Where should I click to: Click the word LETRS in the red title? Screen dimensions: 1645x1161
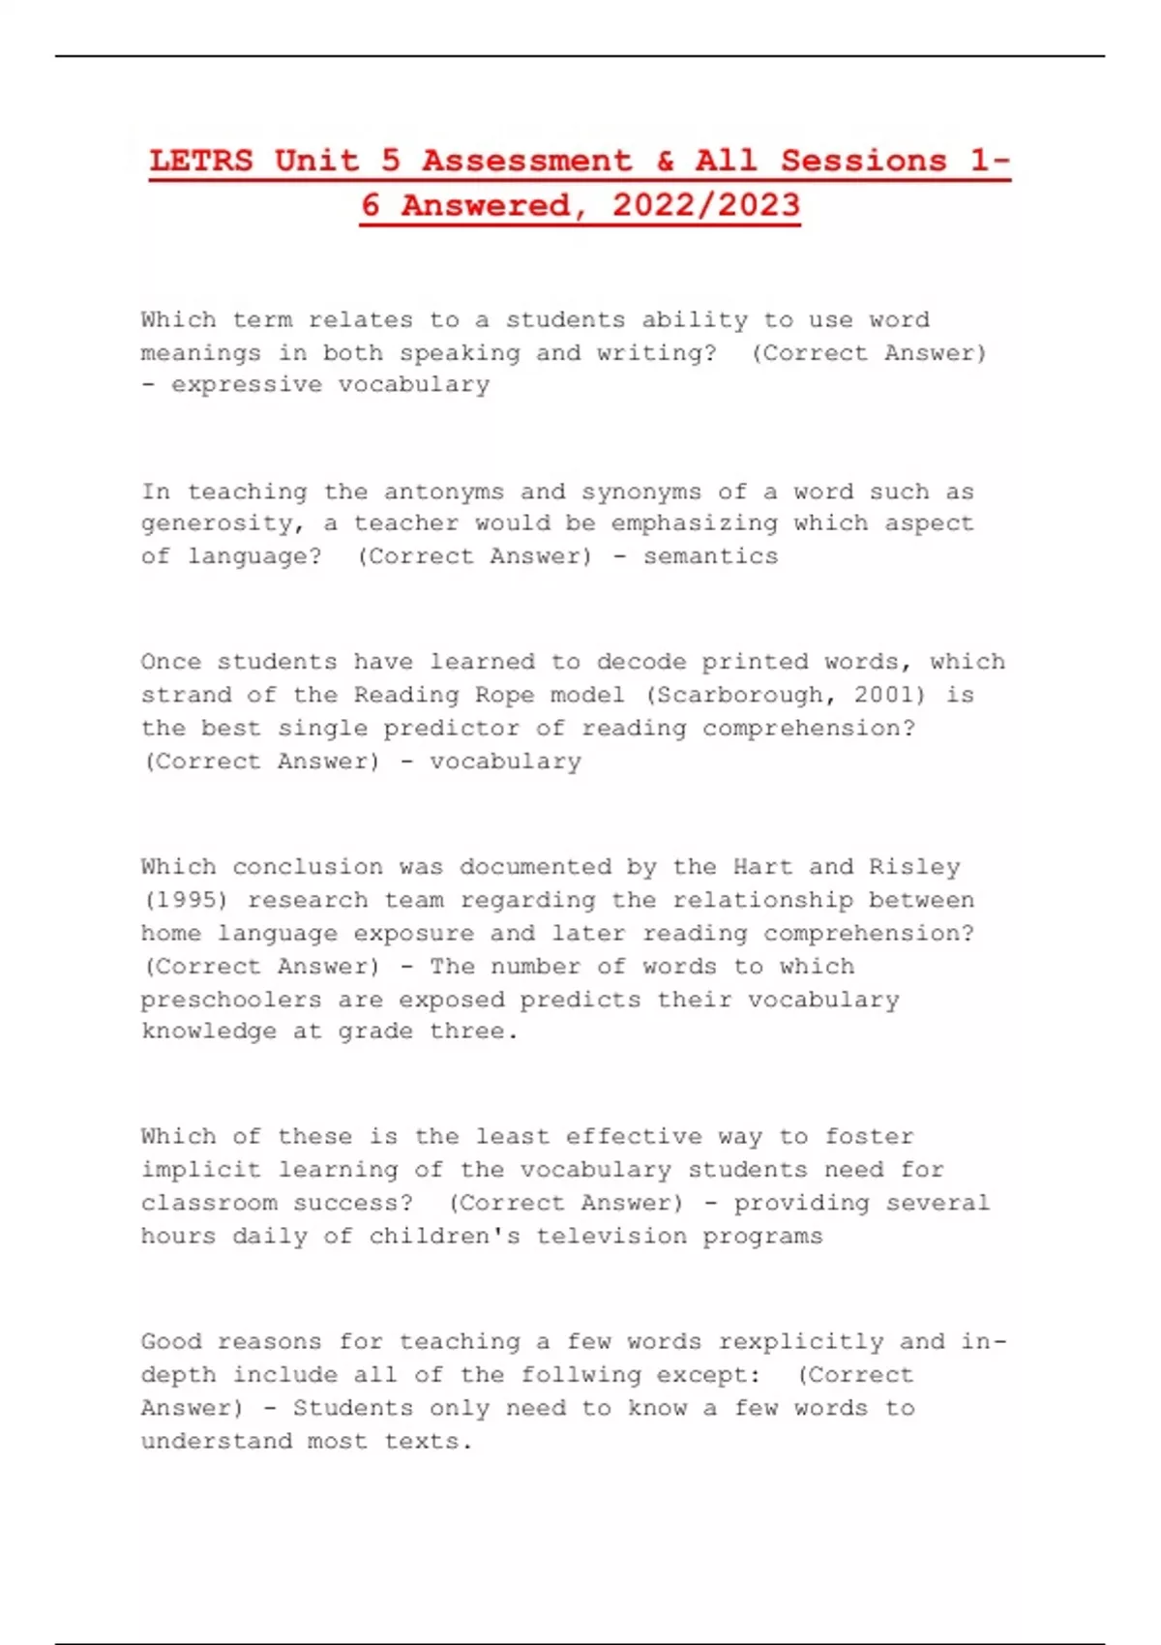(201, 161)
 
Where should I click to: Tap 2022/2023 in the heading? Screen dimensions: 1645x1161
(705, 205)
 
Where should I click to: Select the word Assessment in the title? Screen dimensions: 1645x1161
(526, 161)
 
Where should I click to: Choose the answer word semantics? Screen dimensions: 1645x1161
(710, 556)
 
